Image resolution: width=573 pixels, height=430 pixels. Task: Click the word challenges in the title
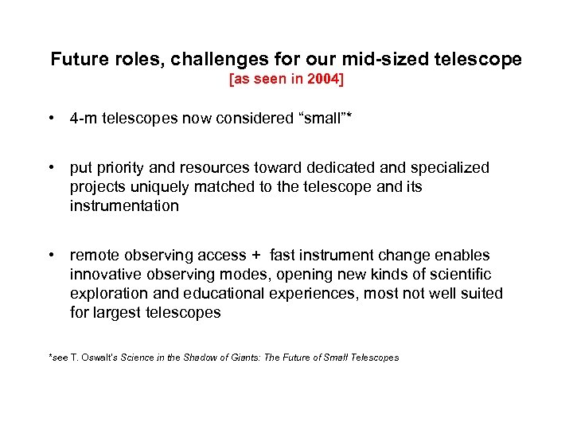click(x=195, y=60)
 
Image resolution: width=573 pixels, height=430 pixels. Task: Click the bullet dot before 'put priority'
click(x=51, y=168)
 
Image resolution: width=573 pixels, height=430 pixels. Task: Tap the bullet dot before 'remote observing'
click(x=51, y=256)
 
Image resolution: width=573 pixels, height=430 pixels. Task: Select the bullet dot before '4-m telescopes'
click(x=51, y=119)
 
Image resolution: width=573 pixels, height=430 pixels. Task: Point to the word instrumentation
click(x=124, y=206)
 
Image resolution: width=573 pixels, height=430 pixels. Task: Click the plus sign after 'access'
click(x=255, y=256)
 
